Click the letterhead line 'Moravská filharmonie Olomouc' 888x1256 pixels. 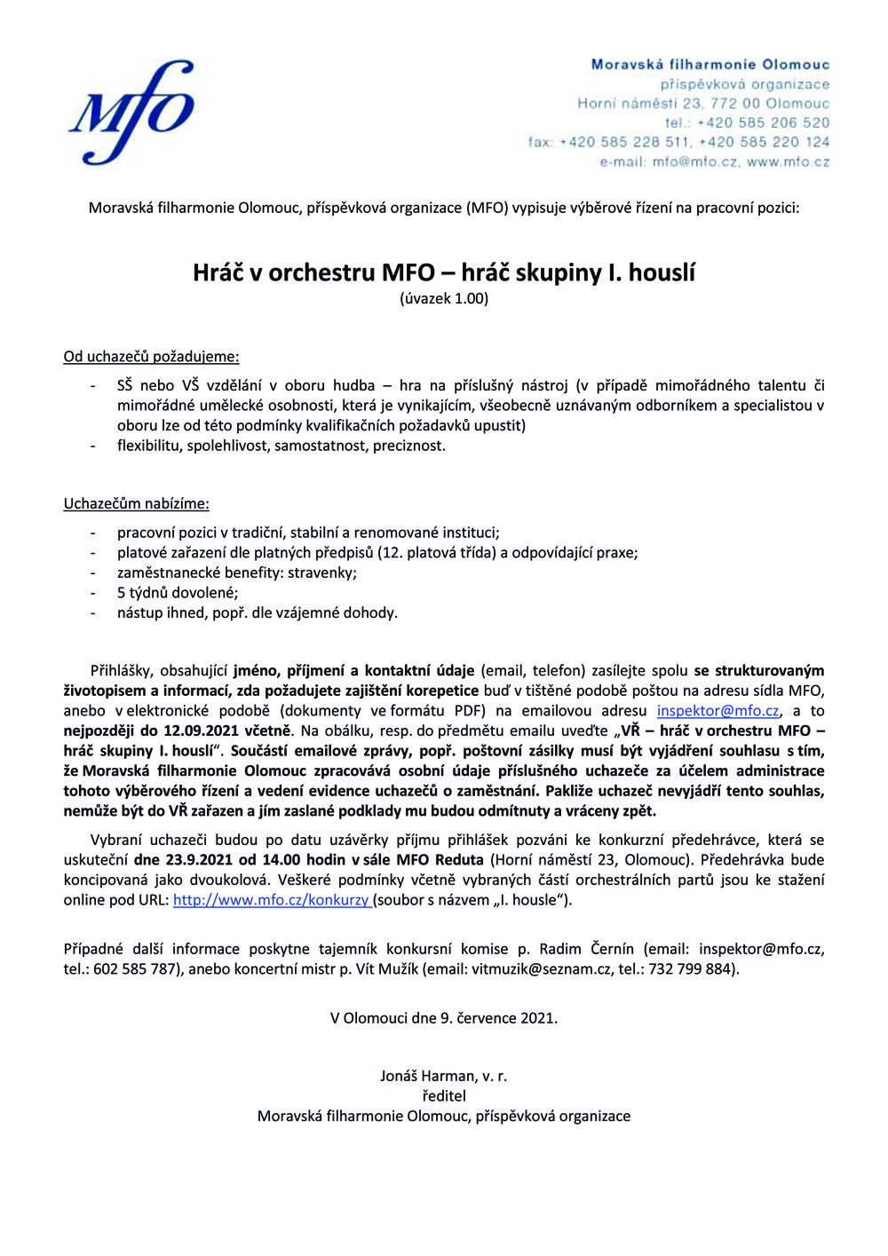tap(710, 65)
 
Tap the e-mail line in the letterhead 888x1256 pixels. tap(714, 162)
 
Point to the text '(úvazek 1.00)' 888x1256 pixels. tap(443, 298)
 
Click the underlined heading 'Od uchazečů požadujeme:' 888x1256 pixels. tap(151, 357)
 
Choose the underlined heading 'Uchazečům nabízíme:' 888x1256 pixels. tap(136, 504)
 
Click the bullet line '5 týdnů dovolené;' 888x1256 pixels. tap(178, 593)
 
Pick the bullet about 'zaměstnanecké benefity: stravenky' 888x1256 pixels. tap(236, 573)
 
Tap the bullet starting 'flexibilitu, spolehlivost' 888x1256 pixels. tap(281, 446)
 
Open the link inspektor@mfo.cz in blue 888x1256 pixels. tap(718, 711)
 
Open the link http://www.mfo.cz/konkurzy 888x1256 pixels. tap(271, 900)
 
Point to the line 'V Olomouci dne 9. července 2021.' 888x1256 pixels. tap(443, 1018)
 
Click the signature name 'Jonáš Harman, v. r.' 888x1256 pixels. tap(443, 1077)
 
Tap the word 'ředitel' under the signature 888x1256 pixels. tap(443, 1096)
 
